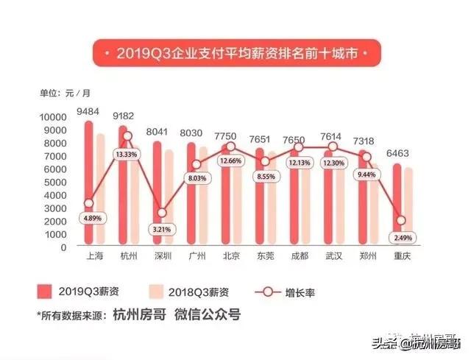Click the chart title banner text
point(236,54)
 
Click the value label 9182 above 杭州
point(123,114)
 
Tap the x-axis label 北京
point(231,256)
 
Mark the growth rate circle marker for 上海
point(88,204)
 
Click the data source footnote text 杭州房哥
point(140,314)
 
